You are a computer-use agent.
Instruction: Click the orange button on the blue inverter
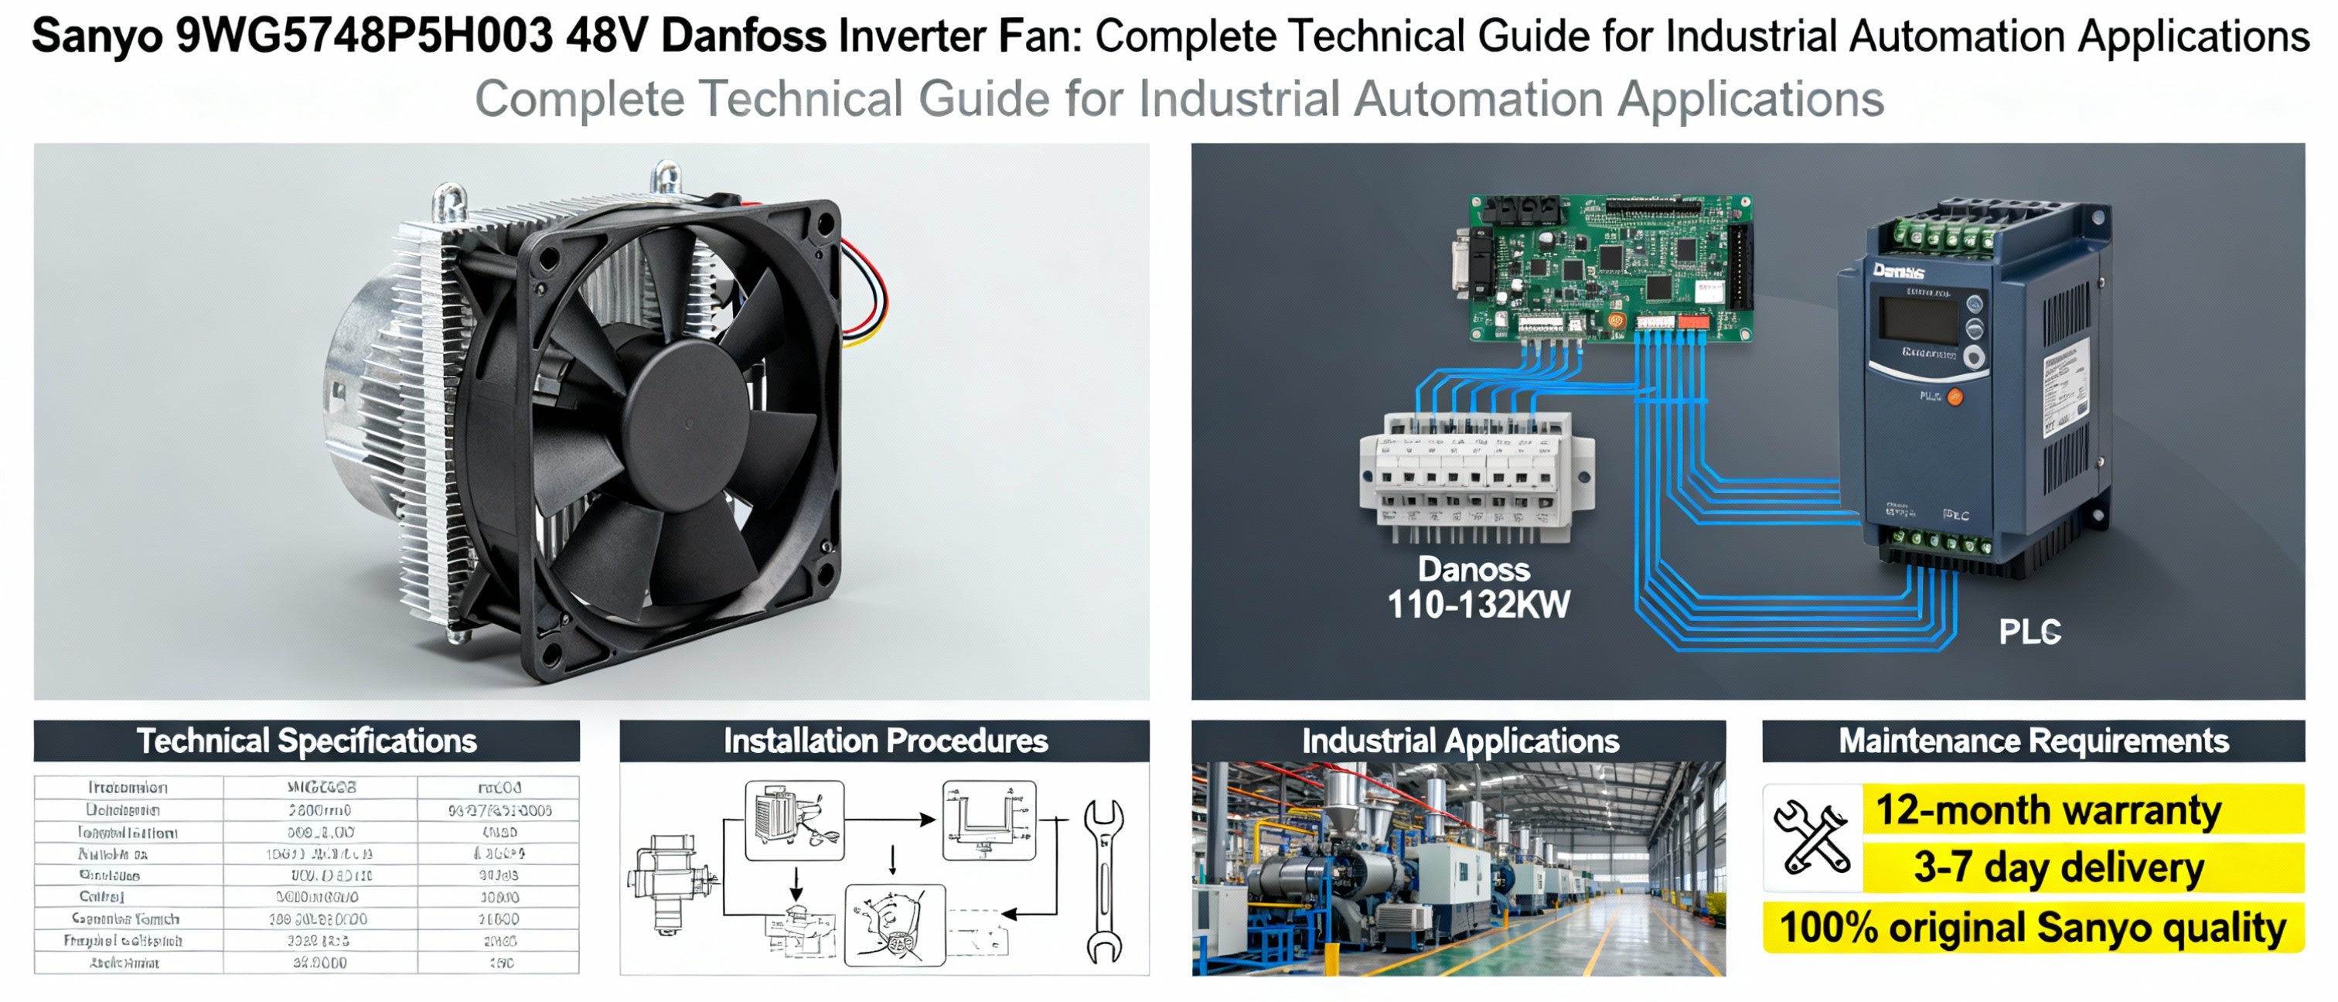coord(1954,397)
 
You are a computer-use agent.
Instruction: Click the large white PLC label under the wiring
coord(2030,632)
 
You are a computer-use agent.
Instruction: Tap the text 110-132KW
coord(1478,605)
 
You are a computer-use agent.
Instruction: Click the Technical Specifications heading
coord(307,741)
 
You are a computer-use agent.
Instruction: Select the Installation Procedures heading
coord(885,741)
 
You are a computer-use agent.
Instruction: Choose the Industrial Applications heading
coord(1460,741)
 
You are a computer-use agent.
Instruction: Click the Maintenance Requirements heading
coord(2033,741)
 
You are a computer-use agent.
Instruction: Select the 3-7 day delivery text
coord(2058,867)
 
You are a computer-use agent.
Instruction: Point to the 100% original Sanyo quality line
coord(2033,928)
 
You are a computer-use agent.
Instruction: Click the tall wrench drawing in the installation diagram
coord(1103,881)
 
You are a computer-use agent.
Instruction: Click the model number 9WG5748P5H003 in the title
coord(364,36)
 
